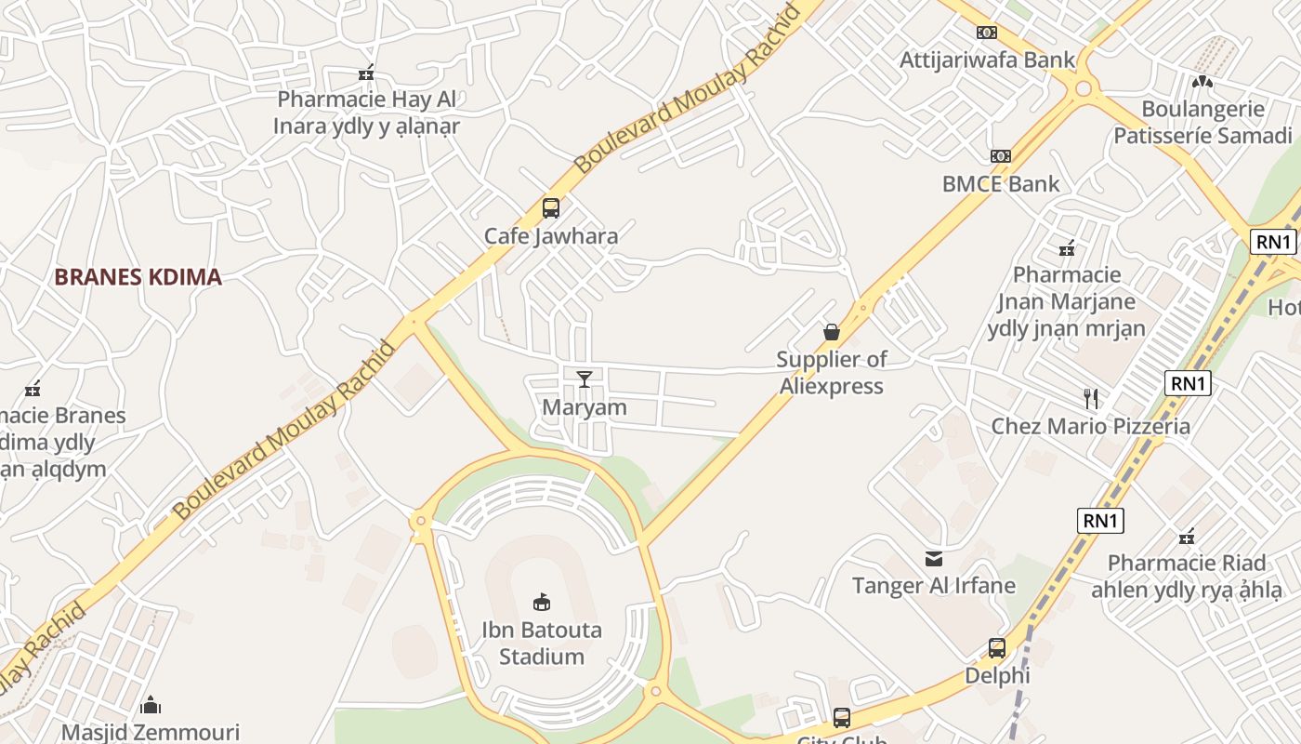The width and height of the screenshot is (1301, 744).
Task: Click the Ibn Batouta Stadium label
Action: (541, 643)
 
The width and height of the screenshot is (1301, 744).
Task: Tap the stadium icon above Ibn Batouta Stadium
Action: (541, 603)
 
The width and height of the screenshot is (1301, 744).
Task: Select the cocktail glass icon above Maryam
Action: (584, 379)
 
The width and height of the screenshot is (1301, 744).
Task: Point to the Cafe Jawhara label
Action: (550, 235)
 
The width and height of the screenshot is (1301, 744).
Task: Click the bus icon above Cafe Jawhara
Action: (550, 207)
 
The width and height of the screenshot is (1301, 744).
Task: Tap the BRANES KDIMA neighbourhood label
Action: (138, 276)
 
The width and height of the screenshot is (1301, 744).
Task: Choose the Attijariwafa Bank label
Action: (987, 60)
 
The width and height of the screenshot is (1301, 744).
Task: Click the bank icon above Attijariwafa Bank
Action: (987, 33)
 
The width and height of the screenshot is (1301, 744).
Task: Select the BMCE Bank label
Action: (1000, 183)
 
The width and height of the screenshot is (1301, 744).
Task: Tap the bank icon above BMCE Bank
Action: (1000, 155)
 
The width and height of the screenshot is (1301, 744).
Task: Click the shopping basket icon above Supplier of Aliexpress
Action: (832, 332)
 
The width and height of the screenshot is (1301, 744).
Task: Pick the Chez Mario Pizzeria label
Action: (1090, 426)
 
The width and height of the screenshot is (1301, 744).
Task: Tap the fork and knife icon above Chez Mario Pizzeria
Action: (1091, 399)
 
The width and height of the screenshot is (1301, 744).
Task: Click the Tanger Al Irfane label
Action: (933, 585)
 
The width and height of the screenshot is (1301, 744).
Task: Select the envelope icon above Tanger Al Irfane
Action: (934, 558)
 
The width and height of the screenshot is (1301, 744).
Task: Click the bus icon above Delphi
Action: (997, 647)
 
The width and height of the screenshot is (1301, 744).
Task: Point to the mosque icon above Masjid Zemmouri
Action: (151, 705)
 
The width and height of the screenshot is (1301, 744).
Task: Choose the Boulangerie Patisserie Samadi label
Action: (1202, 122)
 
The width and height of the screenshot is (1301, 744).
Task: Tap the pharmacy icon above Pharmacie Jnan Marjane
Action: (1067, 247)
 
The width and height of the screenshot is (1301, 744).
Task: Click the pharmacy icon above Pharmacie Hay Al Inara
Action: (366, 72)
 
